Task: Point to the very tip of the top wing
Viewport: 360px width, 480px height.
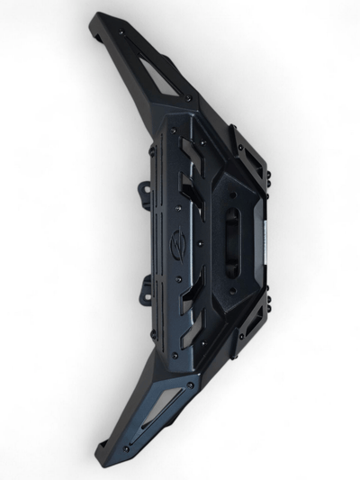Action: point(96,20)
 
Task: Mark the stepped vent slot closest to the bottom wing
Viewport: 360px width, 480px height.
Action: point(189,330)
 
